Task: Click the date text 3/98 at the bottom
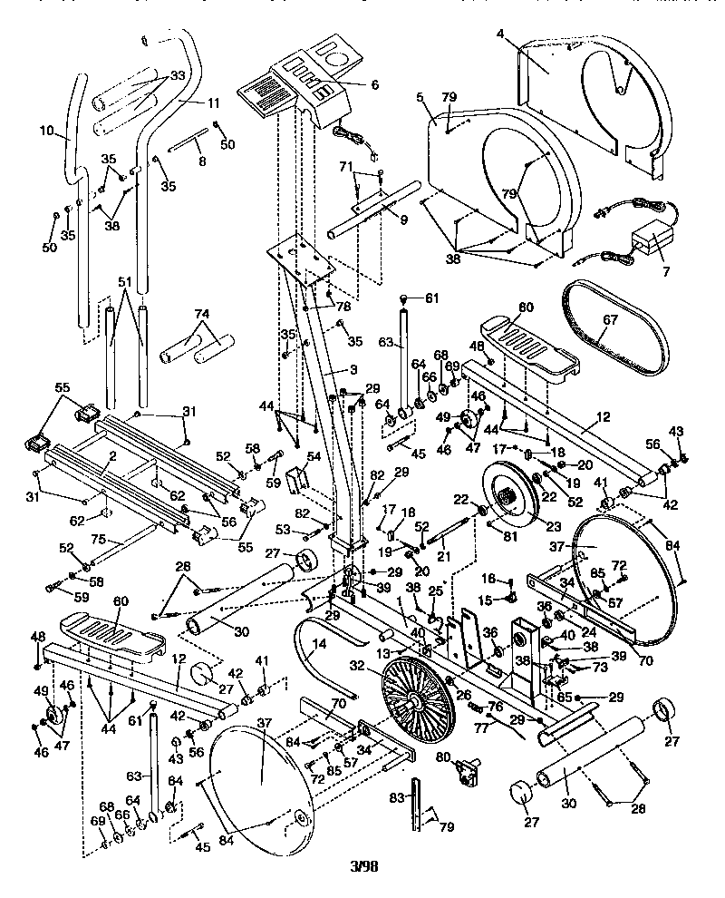[x=363, y=865]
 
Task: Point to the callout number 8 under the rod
[x=201, y=161]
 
